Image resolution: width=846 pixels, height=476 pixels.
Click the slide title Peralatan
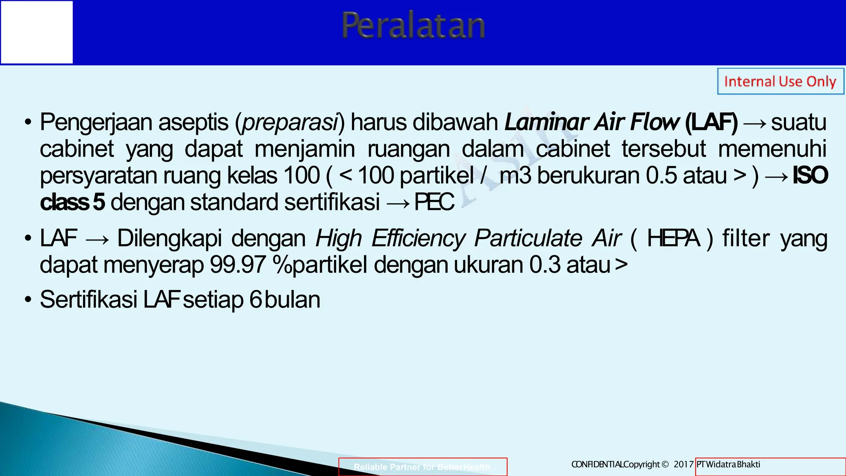click(413, 26)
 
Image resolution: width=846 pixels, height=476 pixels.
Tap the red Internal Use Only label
click(780, 81)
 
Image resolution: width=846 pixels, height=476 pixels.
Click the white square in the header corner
click(37, 32)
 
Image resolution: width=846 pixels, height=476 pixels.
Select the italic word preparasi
click(290, 122)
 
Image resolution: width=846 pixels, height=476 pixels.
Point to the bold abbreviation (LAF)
click(711, 122)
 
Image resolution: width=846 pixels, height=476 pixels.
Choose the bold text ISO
click(810, 176)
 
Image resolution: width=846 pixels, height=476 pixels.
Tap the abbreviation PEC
click(434, 202)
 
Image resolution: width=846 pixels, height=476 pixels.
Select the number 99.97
click(238, 265)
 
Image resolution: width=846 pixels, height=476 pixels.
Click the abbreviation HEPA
click(673, 238)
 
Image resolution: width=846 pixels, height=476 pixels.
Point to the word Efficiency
click(418, 238)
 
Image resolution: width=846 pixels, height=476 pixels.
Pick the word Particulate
click(528, 238)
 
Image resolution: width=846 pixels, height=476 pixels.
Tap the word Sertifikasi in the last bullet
click(88, 300)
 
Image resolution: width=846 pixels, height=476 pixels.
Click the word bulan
click(292, 300)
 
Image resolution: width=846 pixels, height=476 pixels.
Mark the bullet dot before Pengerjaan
click(28, 123)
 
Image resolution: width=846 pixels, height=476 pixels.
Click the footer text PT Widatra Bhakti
click(728, 464)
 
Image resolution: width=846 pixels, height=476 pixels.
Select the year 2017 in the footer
click(683, 464)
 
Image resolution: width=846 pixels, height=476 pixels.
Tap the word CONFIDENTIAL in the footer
click(597, 464)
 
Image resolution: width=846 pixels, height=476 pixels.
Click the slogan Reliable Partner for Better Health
click(422, 467)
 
